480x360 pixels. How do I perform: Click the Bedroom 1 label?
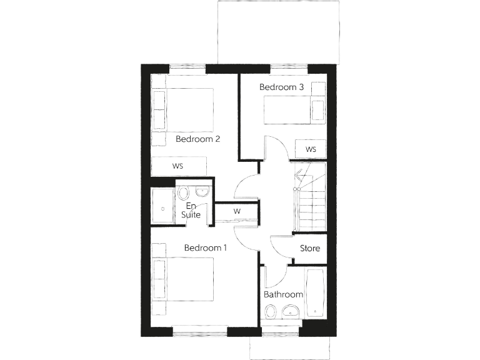205,248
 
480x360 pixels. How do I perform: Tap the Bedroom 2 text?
197,139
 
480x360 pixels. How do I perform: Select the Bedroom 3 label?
281,87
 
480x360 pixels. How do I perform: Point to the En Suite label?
191,210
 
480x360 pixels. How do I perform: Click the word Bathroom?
283,294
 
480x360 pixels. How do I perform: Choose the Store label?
310,248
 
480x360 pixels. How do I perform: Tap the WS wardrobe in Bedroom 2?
178,166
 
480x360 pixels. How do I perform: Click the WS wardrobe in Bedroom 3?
311,149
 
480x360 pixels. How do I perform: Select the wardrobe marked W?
237,211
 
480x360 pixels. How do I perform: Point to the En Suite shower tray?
163,206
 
